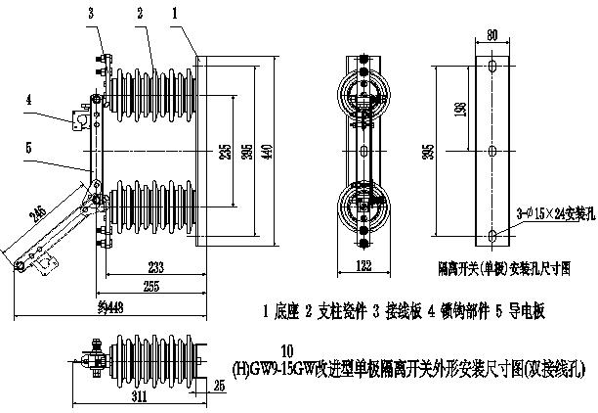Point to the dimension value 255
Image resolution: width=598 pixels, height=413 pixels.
pyautogui.click(x=150, y=287)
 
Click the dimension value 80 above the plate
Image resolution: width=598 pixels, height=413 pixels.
pyautogui.click(x=492, y=36)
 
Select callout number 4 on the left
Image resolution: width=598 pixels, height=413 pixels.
pyautogui.click(x=30, y=100)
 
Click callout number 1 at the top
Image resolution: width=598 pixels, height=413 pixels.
pyautogui.click(x=174, y=13)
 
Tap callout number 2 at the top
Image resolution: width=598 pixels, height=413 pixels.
pyautogui.click(x=141, y=13)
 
